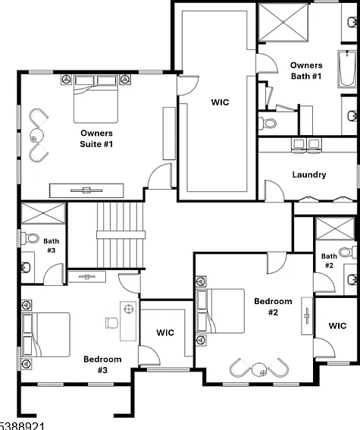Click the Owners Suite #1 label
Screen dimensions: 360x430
96,139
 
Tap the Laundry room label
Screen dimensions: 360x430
309,174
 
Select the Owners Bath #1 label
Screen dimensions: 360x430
306,71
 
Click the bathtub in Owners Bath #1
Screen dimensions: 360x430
347,69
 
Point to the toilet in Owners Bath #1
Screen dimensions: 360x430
268,123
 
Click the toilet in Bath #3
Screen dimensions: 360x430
30,238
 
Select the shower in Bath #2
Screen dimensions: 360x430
335,229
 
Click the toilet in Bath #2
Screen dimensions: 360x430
347,252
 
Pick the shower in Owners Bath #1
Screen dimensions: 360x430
283,22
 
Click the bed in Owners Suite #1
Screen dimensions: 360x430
95,99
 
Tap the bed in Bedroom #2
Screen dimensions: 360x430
221,311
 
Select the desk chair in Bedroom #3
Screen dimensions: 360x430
112,322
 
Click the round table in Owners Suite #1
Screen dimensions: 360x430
36,135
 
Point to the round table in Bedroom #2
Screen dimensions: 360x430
259,369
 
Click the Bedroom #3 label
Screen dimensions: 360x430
102,365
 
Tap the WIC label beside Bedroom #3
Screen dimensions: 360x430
165,333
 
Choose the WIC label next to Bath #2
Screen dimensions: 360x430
337,326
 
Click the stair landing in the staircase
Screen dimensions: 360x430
121,235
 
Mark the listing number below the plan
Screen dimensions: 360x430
22,426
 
